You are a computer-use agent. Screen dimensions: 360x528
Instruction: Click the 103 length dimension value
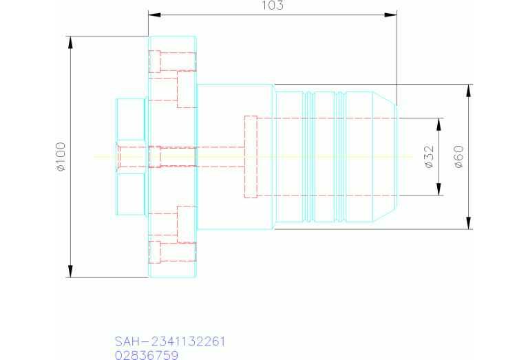point(273,6)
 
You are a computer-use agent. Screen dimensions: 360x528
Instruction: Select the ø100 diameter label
point(60,157)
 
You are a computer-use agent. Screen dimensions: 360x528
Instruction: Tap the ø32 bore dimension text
point(428,157)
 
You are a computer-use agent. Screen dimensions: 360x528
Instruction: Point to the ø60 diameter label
point(458,157)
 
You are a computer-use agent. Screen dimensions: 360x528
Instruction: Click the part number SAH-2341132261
point(170,341)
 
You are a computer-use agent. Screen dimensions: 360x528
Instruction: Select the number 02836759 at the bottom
point(147,355)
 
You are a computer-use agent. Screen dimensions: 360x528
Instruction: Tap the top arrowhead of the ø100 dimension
point(70,41)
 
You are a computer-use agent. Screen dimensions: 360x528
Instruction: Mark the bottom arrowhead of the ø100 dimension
point(70,272)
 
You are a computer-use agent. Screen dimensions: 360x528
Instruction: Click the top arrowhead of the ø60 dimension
point(469,90)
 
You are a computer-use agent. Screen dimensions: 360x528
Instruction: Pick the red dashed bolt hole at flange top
point(156,61)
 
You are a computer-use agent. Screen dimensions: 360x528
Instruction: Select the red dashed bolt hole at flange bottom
point(156,252)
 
